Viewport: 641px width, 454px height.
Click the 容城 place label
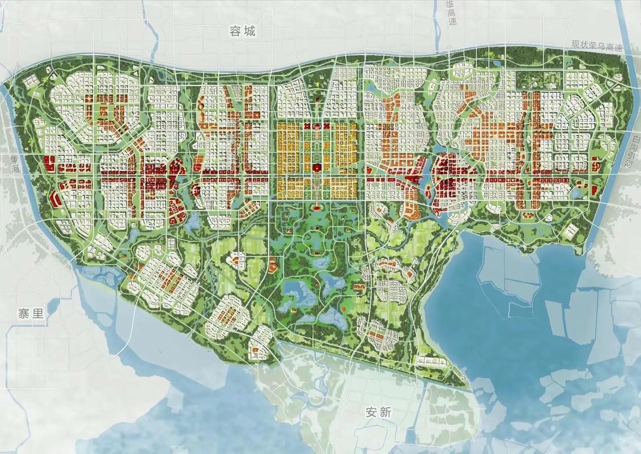point(243,31)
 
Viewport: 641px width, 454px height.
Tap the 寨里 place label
point(31,314)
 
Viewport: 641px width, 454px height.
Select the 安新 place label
point(378,413)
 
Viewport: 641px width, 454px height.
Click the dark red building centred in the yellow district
point(317,167)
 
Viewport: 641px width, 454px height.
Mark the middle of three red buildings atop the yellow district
point(317,125)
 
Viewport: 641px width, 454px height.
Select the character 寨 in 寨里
point(24,314)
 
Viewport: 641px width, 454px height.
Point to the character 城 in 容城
point(249,31)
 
